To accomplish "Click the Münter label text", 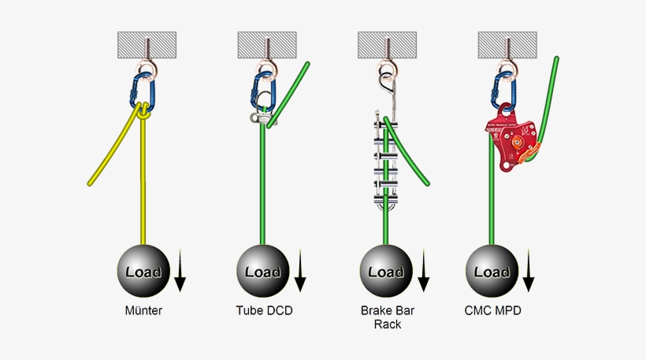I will point(143,310).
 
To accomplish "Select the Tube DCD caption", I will point(264,310).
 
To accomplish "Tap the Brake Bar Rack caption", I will point(386,317).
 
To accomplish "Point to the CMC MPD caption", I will point(493,310).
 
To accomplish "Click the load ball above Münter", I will point(143,271).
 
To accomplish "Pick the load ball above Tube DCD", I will point(264,271).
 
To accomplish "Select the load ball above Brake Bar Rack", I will point(386,271).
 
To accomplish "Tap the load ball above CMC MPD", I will point(492,271).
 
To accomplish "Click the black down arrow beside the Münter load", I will point(180,270).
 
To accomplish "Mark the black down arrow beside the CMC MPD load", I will point(529,270).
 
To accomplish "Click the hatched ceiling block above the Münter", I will point(147,44).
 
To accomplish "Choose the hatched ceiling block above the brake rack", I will point(387,44).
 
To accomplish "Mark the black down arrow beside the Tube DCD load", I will point(300,270).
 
